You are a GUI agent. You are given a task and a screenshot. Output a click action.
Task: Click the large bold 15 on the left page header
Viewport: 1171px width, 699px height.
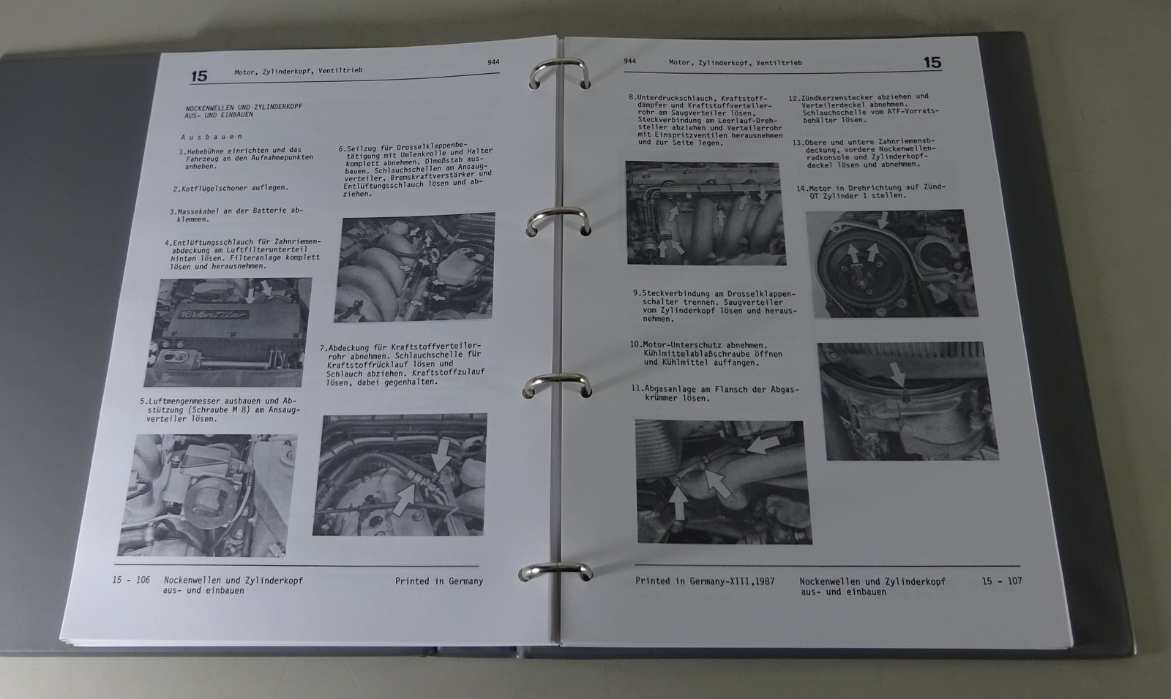coord(199,76)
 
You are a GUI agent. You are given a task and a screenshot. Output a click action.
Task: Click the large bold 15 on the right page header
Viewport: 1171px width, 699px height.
coord(932,63)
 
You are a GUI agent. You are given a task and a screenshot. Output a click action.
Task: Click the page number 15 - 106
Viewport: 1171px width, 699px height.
coord(131,580)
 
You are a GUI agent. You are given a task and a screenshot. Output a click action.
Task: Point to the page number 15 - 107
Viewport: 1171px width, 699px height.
coord(1002,581)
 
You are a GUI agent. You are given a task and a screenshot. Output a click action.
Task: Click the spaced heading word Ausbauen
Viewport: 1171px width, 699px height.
coord(212,137)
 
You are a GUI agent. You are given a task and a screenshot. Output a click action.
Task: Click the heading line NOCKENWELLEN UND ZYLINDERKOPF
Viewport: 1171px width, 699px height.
coord(244,107)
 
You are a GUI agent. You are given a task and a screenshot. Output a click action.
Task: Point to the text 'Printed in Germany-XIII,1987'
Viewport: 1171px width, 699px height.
coord(705,581)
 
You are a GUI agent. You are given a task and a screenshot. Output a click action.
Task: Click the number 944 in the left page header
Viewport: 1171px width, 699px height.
coord(493,61)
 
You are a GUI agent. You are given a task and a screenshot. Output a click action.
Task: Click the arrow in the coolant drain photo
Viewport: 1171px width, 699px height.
coord(898,376)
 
